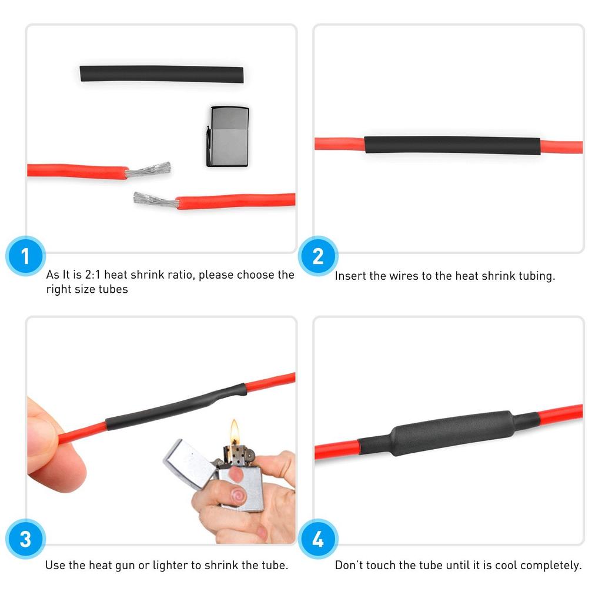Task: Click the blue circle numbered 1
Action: [x=25, y=257]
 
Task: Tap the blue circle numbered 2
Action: [x=318, y=257]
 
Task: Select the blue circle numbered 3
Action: [x=25, y=539]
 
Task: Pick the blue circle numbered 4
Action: [x=318, y=539]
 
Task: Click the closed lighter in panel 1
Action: [x=228, y=136]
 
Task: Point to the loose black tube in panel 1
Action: [x=161, y=74]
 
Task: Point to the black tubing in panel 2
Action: [x=451, y=145]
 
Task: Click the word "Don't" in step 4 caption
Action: [x=348, y=566]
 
